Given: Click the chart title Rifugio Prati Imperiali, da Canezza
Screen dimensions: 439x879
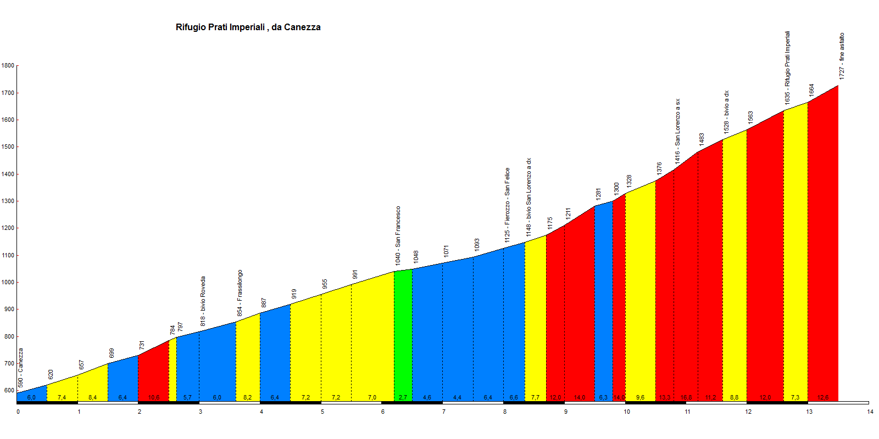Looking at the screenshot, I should pyautogui.click(x=248, y=27).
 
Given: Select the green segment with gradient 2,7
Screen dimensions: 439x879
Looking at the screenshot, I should pyautogui.click(x=403, y=335).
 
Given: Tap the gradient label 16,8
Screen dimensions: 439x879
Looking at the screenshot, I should pyautogui.click(x=686, y=397).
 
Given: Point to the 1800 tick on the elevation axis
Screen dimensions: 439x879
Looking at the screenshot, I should pyautogui.click(x=8, y=66).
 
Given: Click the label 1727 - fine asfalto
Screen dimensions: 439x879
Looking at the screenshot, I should pyautogui.click(x=842, y=56).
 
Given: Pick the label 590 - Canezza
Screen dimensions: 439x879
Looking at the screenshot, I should pyautogui.click(x=21, y=368).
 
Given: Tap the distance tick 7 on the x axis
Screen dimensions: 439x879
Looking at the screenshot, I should pyautogui.click(x=444, y=412).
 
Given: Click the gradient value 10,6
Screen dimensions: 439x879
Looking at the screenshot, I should pyautogui.click(x=154, y=397).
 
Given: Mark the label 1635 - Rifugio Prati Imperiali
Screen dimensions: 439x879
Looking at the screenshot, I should pyautogui.click(x=787, y=67).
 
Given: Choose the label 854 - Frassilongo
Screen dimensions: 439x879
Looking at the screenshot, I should pyautogui.click(x=240, y=292).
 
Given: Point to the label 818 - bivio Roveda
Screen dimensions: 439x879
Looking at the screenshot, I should pyautogui.click(x=203, y=301).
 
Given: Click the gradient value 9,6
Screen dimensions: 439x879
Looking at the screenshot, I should pyautogui.click(x=640, y=397).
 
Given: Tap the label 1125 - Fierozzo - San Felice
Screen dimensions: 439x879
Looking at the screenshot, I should pyautogui.click(x=507, y=205).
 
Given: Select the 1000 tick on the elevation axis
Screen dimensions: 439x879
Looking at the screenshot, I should pyautogui.click(x=8, y=283).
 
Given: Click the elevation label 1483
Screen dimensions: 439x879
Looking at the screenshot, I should pyautogui.click(x=702, y=139).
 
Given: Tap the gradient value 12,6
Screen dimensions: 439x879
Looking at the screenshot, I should pyautogui.click(x=822, y=397).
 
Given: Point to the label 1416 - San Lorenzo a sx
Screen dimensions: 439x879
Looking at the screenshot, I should pyautogui.click(x=677, y=131).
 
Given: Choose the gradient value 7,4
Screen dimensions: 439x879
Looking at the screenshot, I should pyautogui.click(x=62, y=397).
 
